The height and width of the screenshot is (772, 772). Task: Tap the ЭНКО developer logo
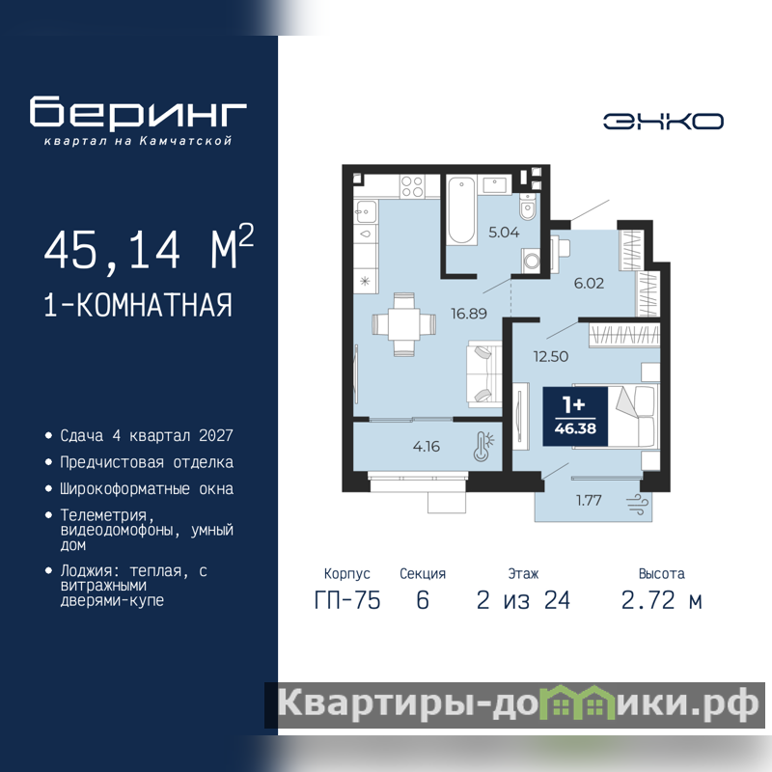663,122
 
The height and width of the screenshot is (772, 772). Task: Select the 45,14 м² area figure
149,248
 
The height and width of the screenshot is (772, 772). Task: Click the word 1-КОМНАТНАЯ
138,305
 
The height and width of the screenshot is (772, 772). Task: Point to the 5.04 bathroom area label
504,232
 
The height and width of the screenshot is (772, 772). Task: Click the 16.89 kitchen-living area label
469,313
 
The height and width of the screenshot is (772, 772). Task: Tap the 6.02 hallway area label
589,283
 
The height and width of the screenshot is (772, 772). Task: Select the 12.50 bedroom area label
550,356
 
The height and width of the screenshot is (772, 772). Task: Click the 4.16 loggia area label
427,447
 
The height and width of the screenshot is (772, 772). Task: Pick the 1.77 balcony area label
589,500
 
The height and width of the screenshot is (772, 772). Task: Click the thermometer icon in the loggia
483,447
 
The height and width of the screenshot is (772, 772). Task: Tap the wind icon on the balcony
637,504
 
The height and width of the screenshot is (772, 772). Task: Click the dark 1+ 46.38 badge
575,417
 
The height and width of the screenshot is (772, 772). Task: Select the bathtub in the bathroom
461,210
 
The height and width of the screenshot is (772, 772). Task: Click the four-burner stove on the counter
412,186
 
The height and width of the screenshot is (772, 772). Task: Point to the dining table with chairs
403,324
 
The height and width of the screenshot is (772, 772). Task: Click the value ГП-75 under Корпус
347,600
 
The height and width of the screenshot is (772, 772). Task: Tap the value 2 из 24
523,600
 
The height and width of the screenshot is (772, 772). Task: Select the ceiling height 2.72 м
661,600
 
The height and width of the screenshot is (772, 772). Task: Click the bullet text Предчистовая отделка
147,462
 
